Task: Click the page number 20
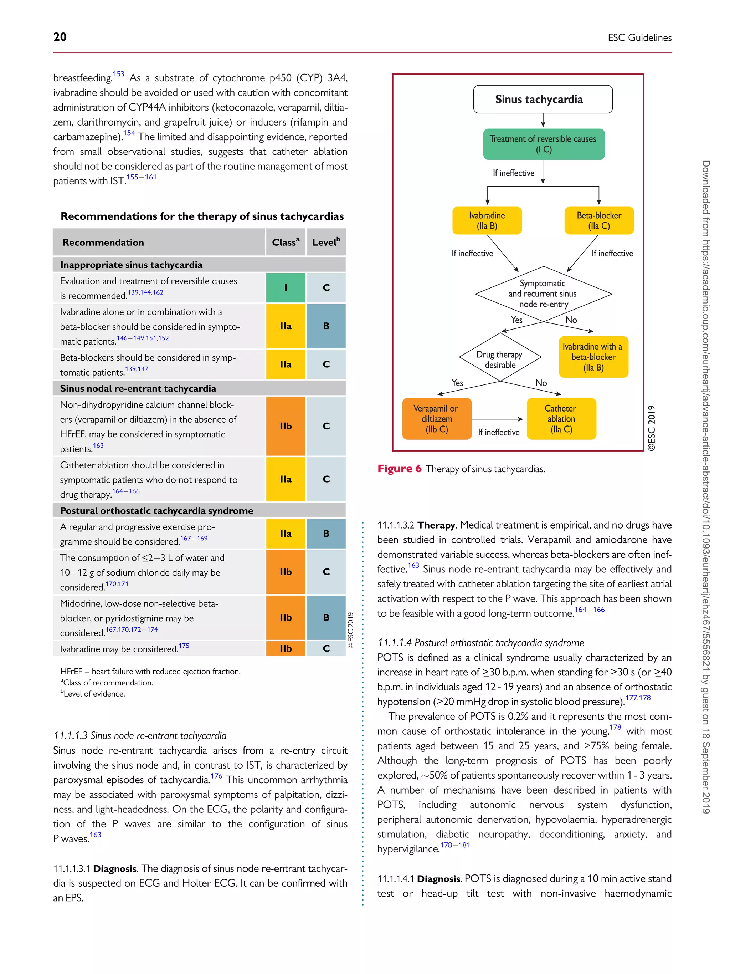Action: (x=60, y=37)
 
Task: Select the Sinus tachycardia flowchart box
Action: (x=543, y=100)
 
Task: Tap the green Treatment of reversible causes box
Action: (x=544, y=144)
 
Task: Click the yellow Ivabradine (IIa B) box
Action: (x=487, y=221)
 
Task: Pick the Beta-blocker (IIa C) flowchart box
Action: (x=598, y=221)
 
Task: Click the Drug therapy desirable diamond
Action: (x=499, y=359)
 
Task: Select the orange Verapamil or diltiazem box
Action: (x=437, y=419)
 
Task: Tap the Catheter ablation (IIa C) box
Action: (x=561, y=419)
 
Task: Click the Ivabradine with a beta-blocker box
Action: (x=593, y=357)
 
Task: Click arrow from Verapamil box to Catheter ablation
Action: (x=497, y=419)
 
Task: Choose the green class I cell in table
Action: (x=286, y=287)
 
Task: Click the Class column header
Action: (x=286, y=242)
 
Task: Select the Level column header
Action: (x=326, y=242)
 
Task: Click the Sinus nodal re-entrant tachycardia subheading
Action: (x=138, y=388)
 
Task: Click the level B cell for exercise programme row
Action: (x=326, y=534)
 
